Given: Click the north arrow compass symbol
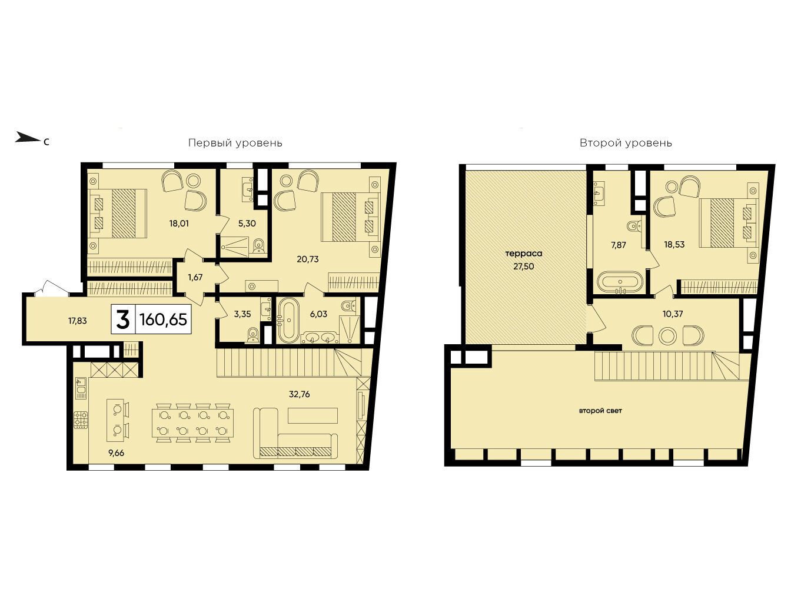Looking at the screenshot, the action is (26, 138).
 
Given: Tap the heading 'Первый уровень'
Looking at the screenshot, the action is (235, 144).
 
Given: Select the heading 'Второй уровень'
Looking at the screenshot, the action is (626, 144).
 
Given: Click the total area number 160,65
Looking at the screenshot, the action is (163, 319).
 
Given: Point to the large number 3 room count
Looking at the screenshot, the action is (123, 320).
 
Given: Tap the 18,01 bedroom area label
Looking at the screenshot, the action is (179, 224).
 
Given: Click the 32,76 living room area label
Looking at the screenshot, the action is (299, 394).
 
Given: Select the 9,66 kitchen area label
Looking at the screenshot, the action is (116, 453).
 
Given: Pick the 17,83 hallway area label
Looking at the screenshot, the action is (78, 321).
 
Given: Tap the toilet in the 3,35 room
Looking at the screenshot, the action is (253, 335).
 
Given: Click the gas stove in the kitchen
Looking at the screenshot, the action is (81, 420).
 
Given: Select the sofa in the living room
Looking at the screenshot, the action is (295, 432).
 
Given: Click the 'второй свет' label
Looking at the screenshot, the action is (600, 411).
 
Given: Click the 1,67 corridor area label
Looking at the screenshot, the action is (195, 277).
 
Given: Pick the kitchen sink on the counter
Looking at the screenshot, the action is (81, 388).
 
